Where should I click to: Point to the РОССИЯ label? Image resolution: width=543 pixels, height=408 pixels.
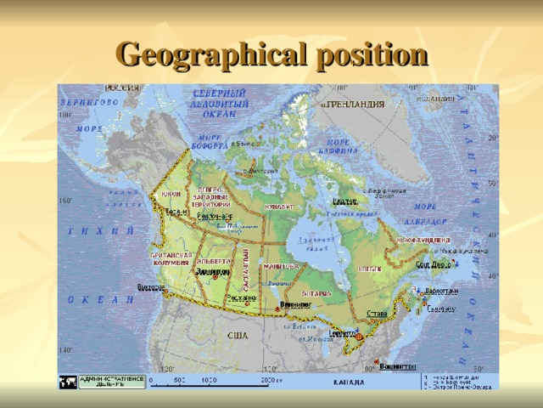tap(121, 88)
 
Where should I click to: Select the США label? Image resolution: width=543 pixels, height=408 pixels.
tap(237, 337)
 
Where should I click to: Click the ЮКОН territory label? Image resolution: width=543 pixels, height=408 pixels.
tap(169, 194)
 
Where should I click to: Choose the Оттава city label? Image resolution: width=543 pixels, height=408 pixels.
tap(377, 314)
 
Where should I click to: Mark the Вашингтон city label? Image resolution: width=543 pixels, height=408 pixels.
tap(396, 366)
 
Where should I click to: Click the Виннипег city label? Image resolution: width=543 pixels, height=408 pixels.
tap(295, 303)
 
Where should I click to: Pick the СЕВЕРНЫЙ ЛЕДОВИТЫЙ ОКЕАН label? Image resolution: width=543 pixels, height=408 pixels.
tap(219, 101)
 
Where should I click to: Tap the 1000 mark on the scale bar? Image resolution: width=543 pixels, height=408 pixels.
tap(210, 380)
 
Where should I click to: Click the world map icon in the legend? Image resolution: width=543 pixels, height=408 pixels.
tap(67, 382)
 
